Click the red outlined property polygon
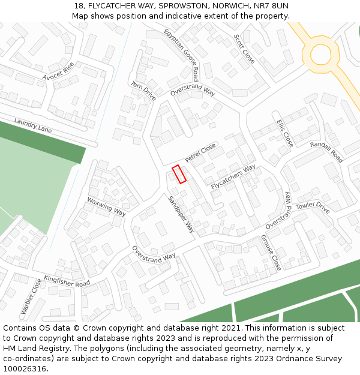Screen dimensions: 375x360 coord(179,174)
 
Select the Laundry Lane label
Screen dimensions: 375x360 coord(33,125)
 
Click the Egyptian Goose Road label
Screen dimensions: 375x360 coord(182,54)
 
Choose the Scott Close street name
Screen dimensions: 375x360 coord(244,49)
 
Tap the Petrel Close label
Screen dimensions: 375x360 coord(200,153)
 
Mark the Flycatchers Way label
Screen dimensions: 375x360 coord(233,176)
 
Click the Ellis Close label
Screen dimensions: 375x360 coord(284,133)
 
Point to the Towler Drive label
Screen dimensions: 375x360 coord(313,208)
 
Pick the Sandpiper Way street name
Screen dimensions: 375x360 coord(181,214)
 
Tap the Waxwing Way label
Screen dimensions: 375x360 coord(106,206)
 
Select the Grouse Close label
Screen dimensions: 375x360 coord(271,252)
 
